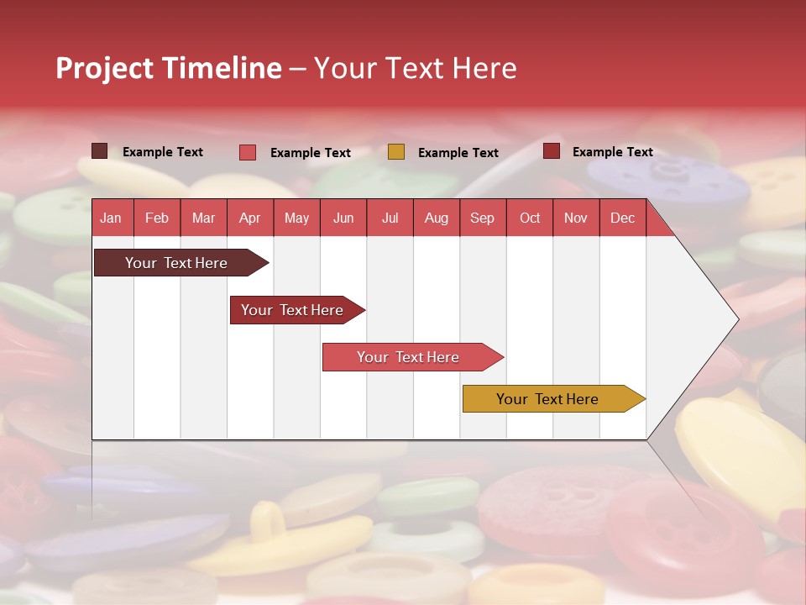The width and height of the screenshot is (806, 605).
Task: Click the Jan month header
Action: (x=111, y=218)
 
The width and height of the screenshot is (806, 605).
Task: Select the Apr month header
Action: (x=249, y=218)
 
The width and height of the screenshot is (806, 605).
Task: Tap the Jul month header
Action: (x=390, y=218)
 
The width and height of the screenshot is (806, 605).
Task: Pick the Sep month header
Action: (x=482, y=218)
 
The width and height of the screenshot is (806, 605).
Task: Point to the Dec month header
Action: (x=622, y=218)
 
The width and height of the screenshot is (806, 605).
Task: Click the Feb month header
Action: (x=157, y=218)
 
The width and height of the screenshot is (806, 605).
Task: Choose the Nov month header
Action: (x=575, y=218)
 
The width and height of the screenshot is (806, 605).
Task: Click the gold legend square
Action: (x=396, y=152)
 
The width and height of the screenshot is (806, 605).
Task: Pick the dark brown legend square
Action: (x=99, y=151)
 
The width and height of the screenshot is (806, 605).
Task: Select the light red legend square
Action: (x=248, y=152)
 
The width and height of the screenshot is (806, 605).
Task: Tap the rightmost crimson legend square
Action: (x=552, y=151)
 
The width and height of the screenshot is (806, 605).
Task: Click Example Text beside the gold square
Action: (x=458, y=153)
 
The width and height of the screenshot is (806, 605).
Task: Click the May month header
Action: (x=296, y=218)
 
